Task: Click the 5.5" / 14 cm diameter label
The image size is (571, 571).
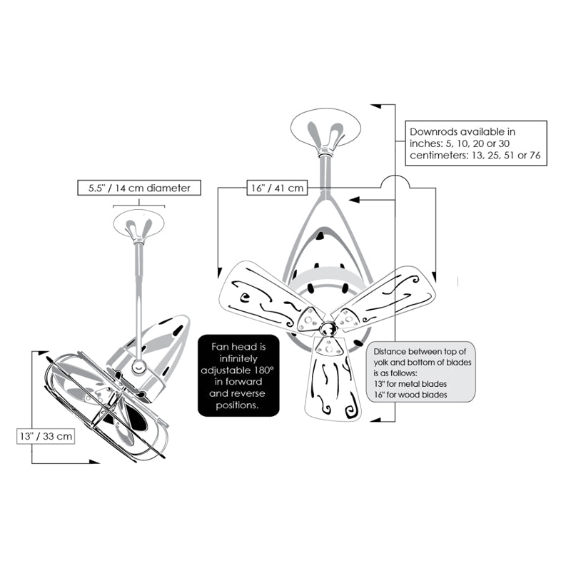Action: pos(139,188)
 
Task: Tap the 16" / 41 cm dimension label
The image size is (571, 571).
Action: pos(277,188)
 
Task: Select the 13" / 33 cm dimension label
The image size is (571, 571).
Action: pos(46,436)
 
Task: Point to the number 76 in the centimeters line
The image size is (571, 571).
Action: pos(535,156)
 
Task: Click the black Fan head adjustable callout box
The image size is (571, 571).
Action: pos(238,375)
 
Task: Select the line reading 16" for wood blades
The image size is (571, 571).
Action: pos(410,395)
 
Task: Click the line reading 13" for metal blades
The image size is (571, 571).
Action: pos(410,384)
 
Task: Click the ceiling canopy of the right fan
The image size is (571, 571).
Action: pos(325,128)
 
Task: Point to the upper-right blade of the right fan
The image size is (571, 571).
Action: pos(387,297)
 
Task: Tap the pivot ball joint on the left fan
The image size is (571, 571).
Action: pos(138,367)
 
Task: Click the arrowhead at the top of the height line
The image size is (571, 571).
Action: pos(376,106)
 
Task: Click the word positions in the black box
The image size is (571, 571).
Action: pos(238,405)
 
